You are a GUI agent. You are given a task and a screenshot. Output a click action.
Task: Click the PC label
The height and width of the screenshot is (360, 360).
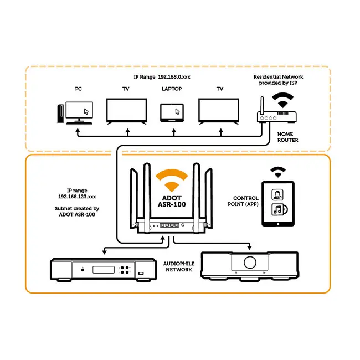(79, 89)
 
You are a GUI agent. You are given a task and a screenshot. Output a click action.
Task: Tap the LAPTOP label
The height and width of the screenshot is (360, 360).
(172, 89)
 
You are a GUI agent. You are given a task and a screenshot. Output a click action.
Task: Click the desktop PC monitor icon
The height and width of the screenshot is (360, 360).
(79, 111)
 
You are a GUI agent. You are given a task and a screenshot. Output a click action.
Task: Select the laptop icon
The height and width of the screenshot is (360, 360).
(172, 113)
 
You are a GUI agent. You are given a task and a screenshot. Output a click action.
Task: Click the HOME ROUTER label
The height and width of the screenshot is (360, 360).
(287, 137)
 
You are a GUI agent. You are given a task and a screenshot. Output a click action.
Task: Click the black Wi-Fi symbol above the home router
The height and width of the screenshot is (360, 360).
(282, 100)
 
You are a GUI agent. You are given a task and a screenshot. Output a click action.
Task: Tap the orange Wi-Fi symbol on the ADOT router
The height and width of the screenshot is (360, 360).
(172, 180)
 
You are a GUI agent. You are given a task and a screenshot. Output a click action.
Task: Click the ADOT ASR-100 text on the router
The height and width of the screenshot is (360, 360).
(172, 202)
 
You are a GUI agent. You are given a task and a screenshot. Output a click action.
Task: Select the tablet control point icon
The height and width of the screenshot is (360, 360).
(278, 204)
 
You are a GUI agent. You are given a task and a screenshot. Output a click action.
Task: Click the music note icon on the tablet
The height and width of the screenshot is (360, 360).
(279, 209)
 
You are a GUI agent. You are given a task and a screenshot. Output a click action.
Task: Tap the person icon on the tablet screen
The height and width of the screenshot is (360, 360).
(277, 195)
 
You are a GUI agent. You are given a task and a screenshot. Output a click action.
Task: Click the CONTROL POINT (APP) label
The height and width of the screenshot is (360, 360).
(243, 201)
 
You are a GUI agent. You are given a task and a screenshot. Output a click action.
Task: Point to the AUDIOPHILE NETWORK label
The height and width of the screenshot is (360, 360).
(179, 266)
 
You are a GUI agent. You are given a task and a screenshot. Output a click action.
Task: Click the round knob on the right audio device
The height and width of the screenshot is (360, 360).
(250, 262)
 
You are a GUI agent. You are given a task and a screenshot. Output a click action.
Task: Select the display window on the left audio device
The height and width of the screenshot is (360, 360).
(104, 270)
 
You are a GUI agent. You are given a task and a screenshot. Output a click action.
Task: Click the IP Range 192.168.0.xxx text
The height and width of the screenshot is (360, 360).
(162, 77)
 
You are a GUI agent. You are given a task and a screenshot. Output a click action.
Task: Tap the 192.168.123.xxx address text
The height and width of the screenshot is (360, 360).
(77, 197)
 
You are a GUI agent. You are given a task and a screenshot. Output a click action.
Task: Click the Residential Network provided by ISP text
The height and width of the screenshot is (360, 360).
(278, 80)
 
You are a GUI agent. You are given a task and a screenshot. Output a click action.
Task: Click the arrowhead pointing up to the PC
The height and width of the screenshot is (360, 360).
(78, 130)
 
